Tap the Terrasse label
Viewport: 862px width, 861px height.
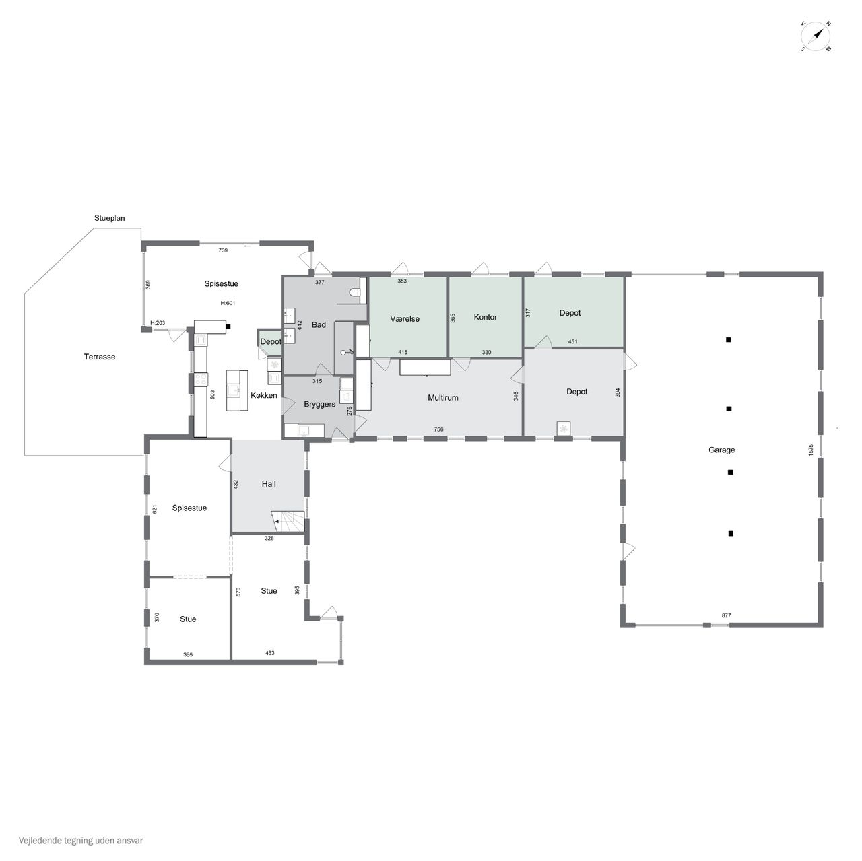99,357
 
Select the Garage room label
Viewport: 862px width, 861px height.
721,450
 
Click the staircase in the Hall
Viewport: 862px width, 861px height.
288,522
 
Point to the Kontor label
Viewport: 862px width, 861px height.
486,317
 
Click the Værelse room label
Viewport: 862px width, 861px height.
405,319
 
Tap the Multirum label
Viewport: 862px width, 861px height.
443,398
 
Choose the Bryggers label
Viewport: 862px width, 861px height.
319,405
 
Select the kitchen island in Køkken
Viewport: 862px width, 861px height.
236,390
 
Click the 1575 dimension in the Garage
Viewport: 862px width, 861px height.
811,450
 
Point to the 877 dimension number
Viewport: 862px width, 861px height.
726,615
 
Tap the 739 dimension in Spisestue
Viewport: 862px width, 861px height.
223,250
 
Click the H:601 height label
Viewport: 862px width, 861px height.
228,303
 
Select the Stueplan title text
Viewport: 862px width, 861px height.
109,218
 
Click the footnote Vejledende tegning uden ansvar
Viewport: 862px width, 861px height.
81,841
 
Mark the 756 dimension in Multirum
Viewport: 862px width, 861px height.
438,429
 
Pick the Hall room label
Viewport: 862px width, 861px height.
269,484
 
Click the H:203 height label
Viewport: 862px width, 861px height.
158,323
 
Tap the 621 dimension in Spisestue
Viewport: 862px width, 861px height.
155,509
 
